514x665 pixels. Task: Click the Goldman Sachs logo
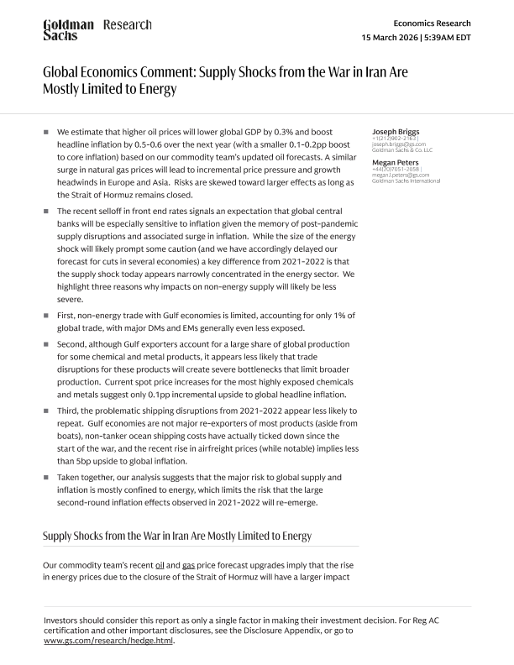click(x=68, y=30)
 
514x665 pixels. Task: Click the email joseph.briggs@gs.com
click(x=399, y=144)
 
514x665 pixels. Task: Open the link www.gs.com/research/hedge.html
click(x=108, y=640)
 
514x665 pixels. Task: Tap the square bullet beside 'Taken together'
click(x=47, y=477)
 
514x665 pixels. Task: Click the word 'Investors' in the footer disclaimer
click(x=62, y=620)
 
